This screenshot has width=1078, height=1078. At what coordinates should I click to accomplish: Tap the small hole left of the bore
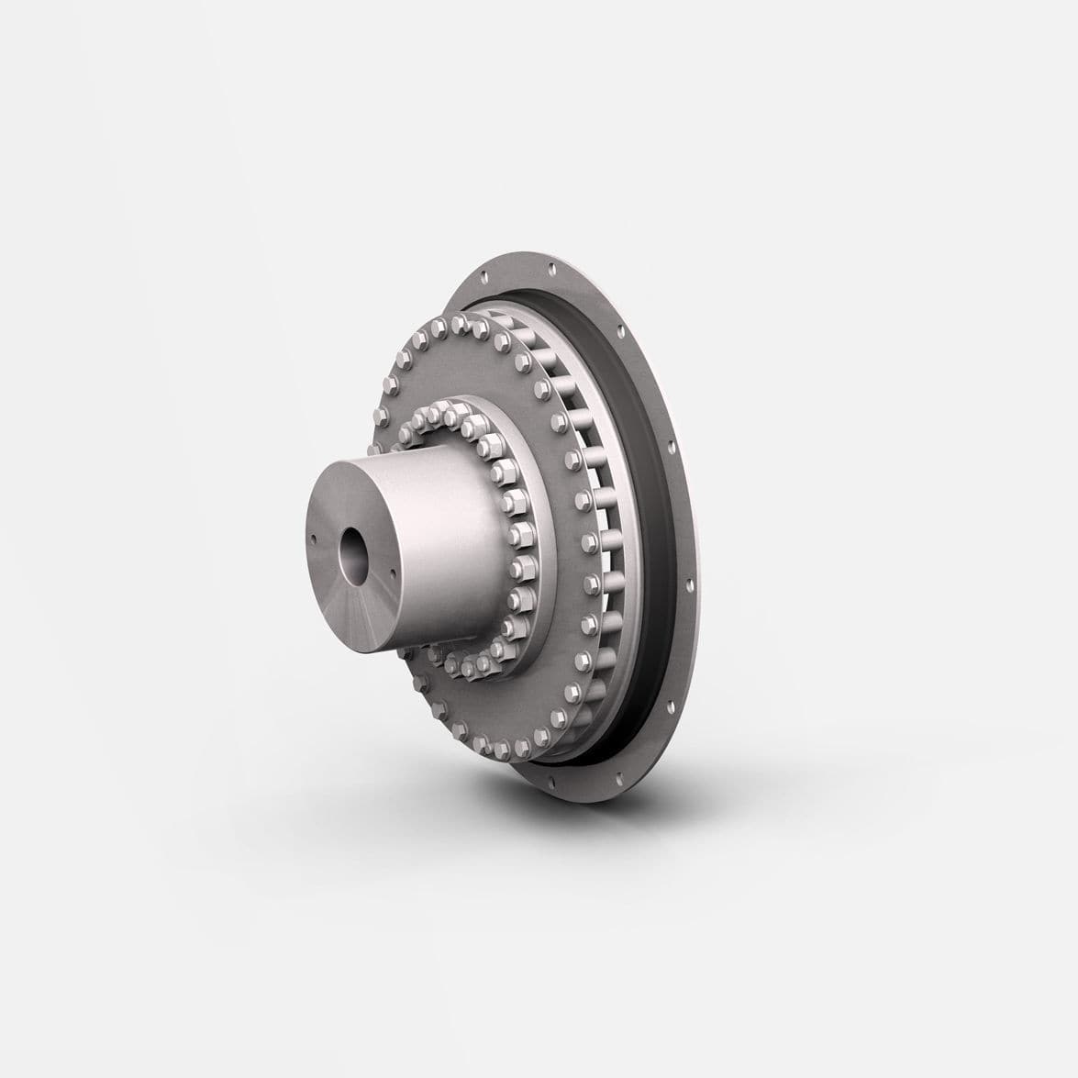click(x=314, y=539)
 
